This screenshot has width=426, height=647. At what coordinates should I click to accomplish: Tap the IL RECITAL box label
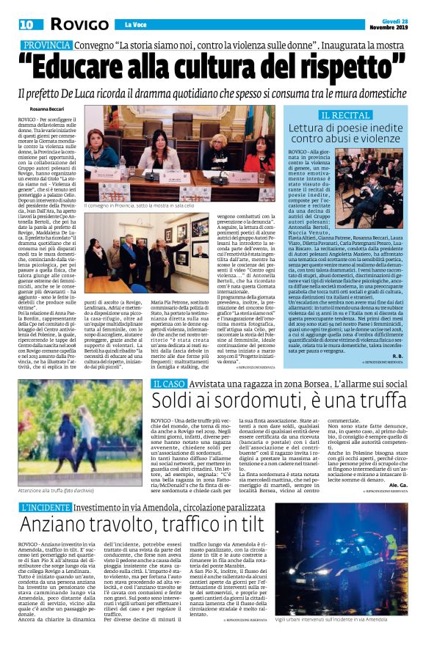point(344,116)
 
